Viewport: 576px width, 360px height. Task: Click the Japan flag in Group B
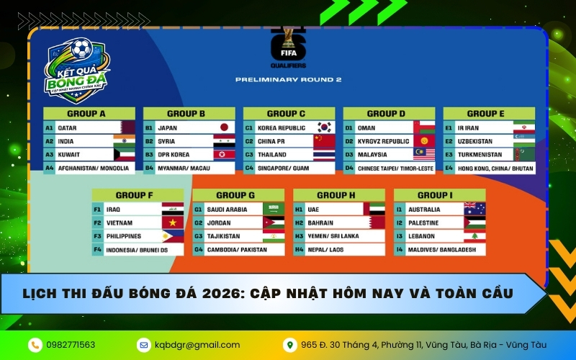pos(224,127)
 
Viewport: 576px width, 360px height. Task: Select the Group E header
pos(489,114)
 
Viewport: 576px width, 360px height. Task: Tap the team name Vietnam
pos(119,223)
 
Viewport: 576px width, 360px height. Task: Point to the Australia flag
pos(474,209)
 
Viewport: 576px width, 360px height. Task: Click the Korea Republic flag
pos(325,127)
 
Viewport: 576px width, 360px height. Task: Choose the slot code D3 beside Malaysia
pos(349,155)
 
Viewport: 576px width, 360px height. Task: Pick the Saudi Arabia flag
pos(274,209)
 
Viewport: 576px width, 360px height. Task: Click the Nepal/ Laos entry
pos(325,250)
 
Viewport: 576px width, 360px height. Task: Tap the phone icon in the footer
pos(35,345)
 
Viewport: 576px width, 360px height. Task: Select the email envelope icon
pos(143,345)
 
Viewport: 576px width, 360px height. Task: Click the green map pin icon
pos(290,345)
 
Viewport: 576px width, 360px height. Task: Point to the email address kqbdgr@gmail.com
pos(197,345)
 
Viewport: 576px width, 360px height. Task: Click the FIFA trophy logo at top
pos(289,47)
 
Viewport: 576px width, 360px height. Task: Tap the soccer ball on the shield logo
pos(81,48)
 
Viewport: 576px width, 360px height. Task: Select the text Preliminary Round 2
pos(289,79)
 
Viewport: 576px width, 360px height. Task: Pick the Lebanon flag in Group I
pos(474,236)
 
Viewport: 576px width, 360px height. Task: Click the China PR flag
pos(325,141)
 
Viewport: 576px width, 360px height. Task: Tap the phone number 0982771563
pos(71,345)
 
